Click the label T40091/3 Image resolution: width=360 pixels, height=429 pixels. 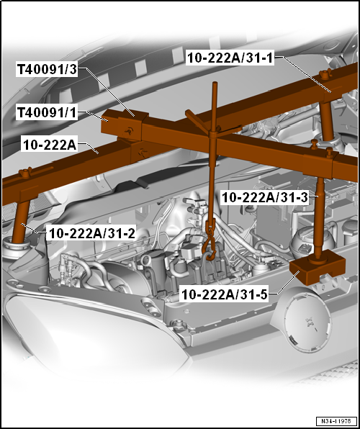pyautogui.click(x=48, y=70)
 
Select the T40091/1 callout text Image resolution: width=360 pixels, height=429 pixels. pyautogui.click(x=47, y=113)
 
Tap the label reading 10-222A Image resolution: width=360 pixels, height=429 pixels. pyautogui.click(x=50, y=145)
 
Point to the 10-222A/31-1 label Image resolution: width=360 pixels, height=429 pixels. pyautogui.click(x=230, y=58)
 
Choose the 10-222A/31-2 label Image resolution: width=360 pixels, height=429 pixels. pyautogui.click(x=91, y=233)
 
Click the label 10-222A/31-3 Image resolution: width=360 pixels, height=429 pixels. pyautogui.click(x=265, y=198)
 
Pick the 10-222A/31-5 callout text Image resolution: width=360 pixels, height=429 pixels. pyautogui.click(x=224, y=295)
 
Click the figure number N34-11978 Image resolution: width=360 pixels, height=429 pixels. pyautogui.click(x=336, y=421)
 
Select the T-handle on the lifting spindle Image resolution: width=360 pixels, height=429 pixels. pyautogui.click(x=214, y=122)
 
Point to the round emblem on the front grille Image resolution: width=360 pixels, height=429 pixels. pyautogui.click(x=307, y=319)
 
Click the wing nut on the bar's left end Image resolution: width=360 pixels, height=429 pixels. pyautogui.click(x=25, y=173)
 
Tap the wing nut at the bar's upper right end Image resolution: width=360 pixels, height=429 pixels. pyautogui.click(x=325, y=73)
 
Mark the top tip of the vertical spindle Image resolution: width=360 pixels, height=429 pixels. pyautogui.click(x=215, y=83)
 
